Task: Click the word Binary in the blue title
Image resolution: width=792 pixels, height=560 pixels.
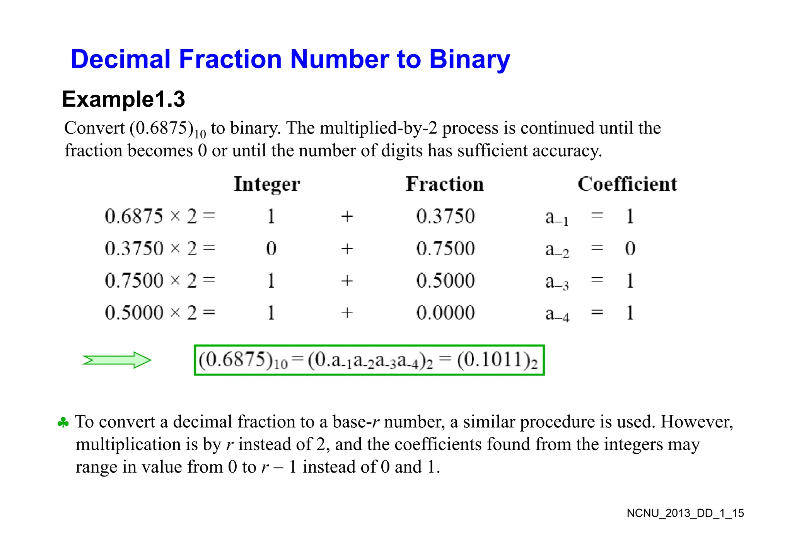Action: (469, 60)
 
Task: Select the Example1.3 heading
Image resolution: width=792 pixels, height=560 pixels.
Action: (123, 99)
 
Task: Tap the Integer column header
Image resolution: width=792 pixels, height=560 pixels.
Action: (267, 184)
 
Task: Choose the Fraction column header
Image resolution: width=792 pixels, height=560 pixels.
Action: (445, 184)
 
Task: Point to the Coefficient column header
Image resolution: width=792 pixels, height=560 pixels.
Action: (627, 184)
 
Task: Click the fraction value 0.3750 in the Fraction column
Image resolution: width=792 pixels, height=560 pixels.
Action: (445, 216)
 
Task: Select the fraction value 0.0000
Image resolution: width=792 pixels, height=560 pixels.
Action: (445, 312)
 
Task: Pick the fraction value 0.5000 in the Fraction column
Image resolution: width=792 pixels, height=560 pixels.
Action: (445, 280)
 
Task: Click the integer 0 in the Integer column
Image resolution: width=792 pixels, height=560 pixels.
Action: (271, 248)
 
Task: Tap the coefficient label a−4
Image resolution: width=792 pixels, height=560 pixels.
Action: (557, 314)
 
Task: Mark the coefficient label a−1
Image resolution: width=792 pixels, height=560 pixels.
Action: (557, 218)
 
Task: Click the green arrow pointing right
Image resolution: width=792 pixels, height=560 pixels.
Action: (116, 360)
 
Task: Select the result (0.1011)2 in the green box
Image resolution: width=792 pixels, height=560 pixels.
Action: (497, 360)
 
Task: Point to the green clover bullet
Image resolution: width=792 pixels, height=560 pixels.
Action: (63, 423)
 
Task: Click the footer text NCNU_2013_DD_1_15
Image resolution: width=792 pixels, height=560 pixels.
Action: (685, 513)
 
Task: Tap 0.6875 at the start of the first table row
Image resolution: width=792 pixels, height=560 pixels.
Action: (134, 216)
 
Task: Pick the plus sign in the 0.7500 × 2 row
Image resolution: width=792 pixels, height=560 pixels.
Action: (347, 280)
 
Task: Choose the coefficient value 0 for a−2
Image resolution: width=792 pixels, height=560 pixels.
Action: (630, 248)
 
